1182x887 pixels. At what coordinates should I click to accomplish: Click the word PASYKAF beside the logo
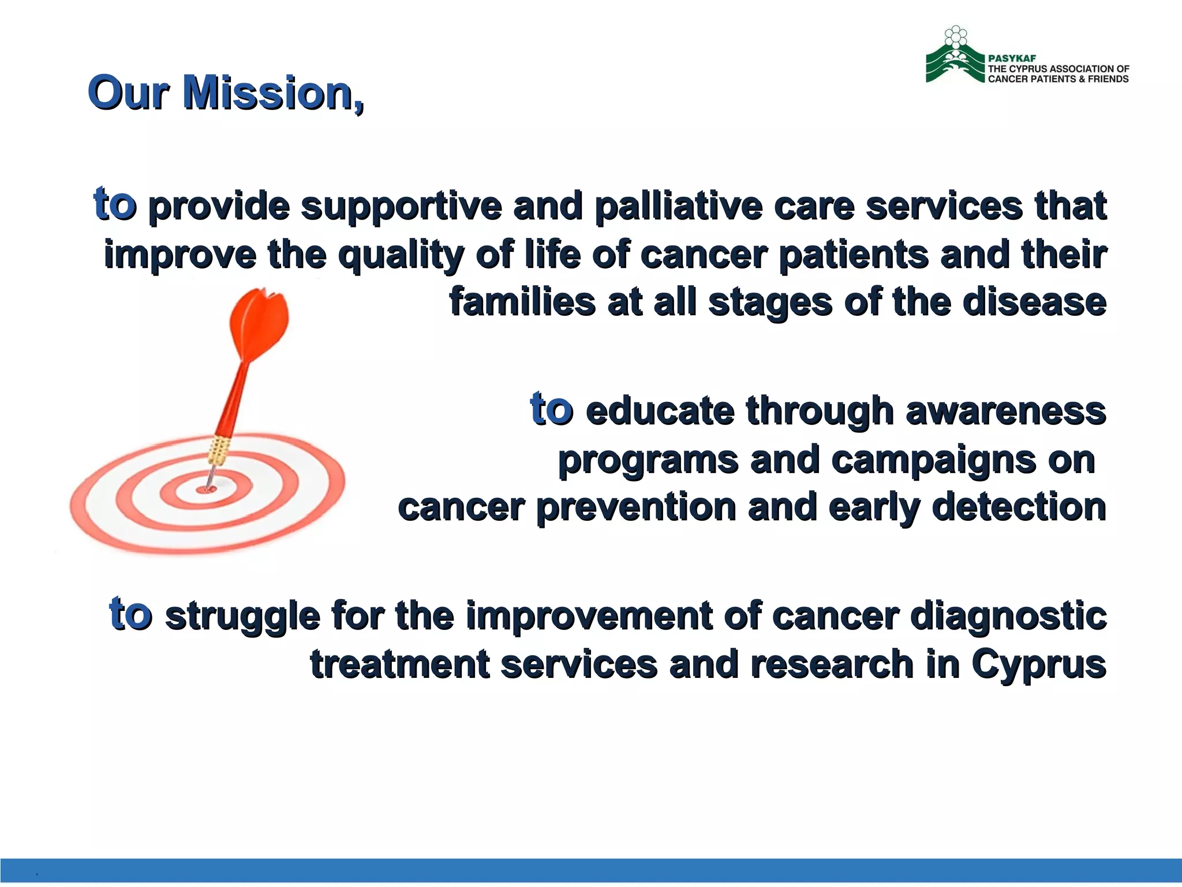pos(1012,58)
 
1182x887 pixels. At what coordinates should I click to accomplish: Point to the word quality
pos(401,255)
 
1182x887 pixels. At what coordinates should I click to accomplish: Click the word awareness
pos(1005,411)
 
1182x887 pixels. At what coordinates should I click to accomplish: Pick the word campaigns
pos(934,460)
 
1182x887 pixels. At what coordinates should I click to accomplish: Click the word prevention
pos(635,508)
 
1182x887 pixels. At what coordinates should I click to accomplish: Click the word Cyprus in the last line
pos(1038,665)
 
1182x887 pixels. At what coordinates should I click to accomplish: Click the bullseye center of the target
pos(206,489)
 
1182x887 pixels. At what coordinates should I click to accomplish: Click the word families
pos(522,302)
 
